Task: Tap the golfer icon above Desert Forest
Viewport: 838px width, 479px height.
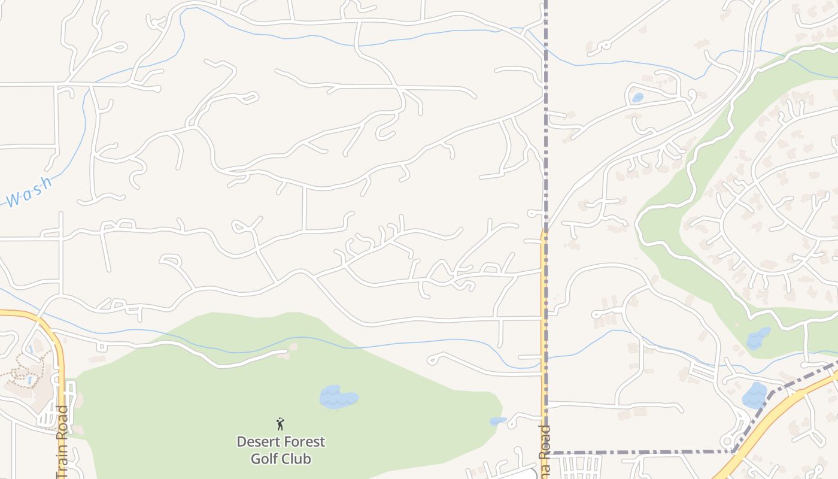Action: pyautogui.click(x=280, y=424)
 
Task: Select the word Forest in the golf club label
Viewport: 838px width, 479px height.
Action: pyautogui.click(x=305, y=442)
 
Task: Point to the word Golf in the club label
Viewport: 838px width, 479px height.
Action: pyautogui.click(x=264, y=459)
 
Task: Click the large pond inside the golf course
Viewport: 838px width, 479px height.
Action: pyautogui.click(x=338, y=397)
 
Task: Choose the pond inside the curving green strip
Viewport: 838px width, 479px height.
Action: pyautogui.click(x=758, y=338)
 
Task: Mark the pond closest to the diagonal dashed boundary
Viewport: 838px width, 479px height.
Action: pyautogui.click(x=754, y=395)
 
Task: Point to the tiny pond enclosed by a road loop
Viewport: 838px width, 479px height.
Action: pyautogui.click(x=637, y=97)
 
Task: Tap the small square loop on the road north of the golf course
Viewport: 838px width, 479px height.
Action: pyautogui.click(x=101, y=347)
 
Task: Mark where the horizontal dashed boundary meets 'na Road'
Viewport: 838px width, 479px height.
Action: pyautogui.click(x=545, y=453)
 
